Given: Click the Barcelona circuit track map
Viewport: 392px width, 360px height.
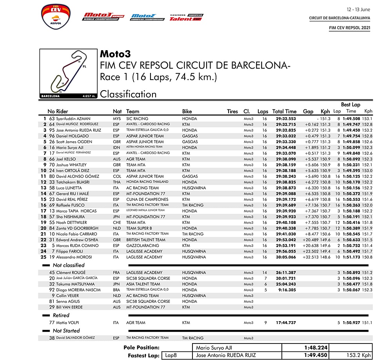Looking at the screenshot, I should pos(68,73).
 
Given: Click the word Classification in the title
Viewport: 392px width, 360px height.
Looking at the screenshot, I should pos(128,94).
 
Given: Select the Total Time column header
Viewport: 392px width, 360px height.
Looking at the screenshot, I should pos(284,111).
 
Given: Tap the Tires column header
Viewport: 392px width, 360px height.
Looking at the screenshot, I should pos(232,111).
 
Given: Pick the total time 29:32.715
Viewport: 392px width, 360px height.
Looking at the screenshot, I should pos(286,124).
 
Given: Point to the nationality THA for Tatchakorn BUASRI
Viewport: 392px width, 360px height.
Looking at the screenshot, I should pos(117,182).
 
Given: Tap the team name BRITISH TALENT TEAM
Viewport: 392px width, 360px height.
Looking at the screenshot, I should pos(146,240).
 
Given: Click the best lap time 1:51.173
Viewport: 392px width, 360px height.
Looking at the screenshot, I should pos(352,257).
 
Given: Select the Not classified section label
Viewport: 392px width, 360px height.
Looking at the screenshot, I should pos(69,265).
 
